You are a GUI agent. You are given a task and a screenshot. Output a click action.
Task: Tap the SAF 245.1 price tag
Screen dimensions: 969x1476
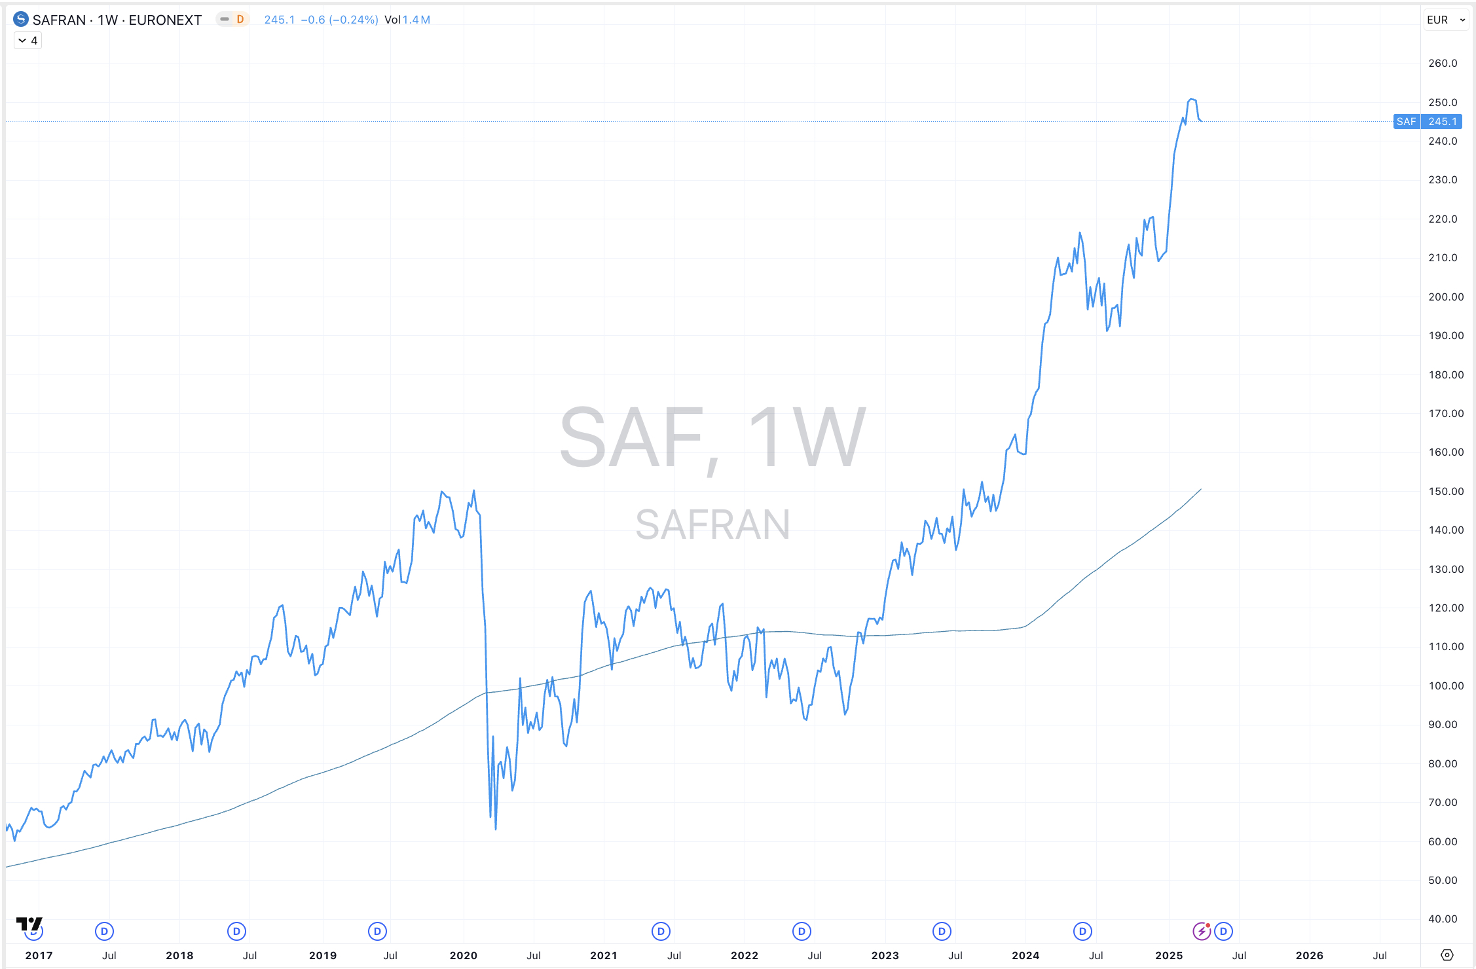[x=1428, y=122]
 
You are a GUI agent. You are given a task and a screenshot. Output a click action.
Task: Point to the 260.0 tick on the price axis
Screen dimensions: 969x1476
[x=1443, y=64]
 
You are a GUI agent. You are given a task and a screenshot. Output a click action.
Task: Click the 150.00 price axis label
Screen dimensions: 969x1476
[x=1445, y=491]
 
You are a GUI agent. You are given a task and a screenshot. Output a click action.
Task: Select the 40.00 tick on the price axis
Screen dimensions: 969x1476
[x=1443, y=919]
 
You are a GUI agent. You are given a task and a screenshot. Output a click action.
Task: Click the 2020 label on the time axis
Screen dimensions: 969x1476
[x=463, y=955]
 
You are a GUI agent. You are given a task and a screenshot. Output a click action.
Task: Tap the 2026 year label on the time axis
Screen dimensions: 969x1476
[x=1309, y=955]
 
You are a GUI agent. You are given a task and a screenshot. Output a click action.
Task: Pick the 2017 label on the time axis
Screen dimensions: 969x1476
[x=39, y=955]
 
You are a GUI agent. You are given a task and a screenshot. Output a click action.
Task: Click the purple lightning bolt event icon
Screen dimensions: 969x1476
[x=1201, y=931]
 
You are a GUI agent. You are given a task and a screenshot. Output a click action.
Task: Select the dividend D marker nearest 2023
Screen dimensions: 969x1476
[x=942, y=931]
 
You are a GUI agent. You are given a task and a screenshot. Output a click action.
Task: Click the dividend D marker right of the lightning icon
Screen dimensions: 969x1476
[x=1223, y=931]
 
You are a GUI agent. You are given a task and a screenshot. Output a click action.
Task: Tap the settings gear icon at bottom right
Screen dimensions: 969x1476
[x=1447, y=955]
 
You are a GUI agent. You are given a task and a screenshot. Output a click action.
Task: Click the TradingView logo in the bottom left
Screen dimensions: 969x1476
[x=29, y=924]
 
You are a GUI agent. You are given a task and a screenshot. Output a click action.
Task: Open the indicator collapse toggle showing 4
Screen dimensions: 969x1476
[x=28, y=41]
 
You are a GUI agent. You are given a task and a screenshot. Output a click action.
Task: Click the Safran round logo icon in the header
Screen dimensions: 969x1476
[x=21, y=20]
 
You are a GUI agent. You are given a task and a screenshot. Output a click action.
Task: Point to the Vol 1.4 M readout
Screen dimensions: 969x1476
[x=407, y=20]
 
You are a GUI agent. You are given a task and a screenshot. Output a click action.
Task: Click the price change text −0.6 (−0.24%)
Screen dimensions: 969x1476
[x=339, y=20]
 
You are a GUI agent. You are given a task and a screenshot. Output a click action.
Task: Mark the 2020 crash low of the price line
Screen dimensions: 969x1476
[x=496, y=829]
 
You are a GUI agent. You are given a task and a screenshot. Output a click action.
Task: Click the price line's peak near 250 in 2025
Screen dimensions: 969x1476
[x=1192, y=100]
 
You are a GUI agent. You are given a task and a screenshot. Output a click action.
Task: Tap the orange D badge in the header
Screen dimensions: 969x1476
[x=240, y=20]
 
